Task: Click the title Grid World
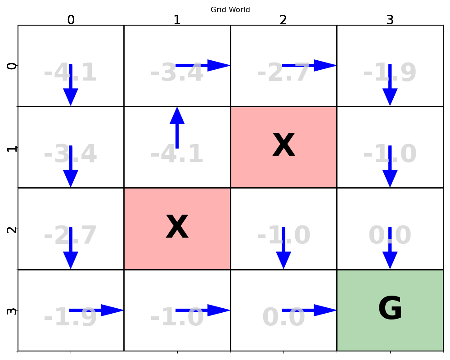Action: click(x=230, y=10)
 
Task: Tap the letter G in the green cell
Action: click(x=390, y=310)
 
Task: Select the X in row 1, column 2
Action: click(x=283, y=146)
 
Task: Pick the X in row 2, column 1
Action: click(x=177, y=228)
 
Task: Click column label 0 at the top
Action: click(x=71, y=20)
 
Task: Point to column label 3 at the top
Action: click(x=390, y=20)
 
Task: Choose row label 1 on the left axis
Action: click(x=12, y=147)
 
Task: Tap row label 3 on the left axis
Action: click(x=12, y=310)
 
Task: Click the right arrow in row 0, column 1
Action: click(x=202, y=65)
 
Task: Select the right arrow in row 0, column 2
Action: click(x=309, y=65)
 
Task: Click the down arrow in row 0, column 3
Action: click(x=390, y=85)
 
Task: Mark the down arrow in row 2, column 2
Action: click(x=283, y=248)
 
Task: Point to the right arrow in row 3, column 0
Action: click(x=96, y=310)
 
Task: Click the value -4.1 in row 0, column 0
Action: click(x=70, y=73)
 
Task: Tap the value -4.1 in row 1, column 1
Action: click(x=177, y=155)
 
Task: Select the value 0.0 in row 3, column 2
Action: click(x=283, y=318)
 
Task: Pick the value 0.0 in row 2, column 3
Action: click(x=390, y=236)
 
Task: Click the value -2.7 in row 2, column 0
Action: click(x=70, y=236)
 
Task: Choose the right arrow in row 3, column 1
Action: click(x=202, y=310)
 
